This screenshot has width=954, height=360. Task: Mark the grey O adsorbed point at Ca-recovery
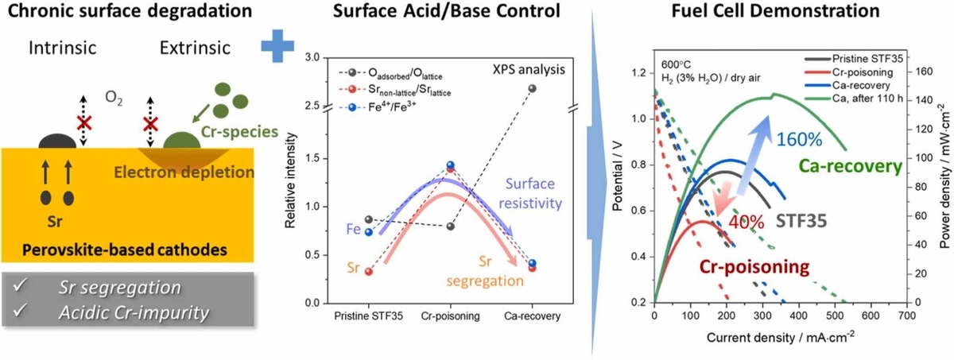pyautogui.click(x=533, y=88)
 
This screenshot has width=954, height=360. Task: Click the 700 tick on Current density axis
pyautogui.click(x=906, y=315)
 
